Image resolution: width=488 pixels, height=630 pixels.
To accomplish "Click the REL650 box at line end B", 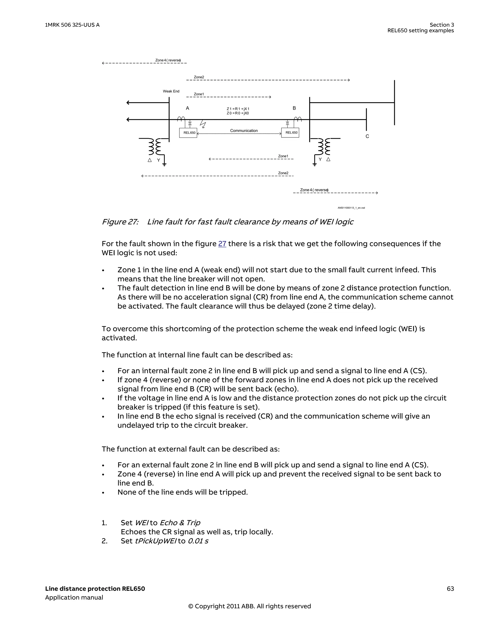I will pyautogui.click(x=290, y=133).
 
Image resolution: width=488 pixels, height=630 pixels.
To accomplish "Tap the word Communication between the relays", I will pyautogui.click(x=244, y=131).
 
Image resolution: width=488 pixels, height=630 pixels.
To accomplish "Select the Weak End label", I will pyautogui.click(x=171, y=91).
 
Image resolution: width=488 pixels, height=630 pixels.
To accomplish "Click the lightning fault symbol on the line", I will pyautogui.click(x=203, y=125).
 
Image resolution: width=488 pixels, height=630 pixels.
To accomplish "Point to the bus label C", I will pyautogui.click(x=367, y=136).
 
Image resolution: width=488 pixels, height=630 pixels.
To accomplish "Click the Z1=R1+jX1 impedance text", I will pyautogui.click(x=238, y=109).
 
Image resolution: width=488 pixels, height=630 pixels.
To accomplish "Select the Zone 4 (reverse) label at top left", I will pyautogui.click(x=168, y=60).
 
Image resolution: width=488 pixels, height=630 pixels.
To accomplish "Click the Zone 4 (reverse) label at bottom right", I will pyautogui.click(x=314, y=190).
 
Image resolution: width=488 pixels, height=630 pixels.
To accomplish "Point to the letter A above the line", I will pyautogui.click(x=187, y=108).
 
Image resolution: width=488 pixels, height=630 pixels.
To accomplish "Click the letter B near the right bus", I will pyautogui.click(x=294, y=108).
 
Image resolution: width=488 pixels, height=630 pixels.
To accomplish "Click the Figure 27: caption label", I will pyautogui.click(x=120, y=222).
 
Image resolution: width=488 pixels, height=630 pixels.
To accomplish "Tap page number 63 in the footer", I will pyautogui.click(x=450, y=589).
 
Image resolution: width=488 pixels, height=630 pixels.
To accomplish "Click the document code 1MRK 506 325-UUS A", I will pyautogui.click(x=72, y=25).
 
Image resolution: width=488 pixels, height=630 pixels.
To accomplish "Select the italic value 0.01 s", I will pyautogui.click(x=198, y=541).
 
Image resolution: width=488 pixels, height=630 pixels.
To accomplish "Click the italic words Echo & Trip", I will pyautogui.click(x=180, y=523).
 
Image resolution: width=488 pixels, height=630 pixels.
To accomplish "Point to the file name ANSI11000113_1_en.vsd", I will pyautogui.click(x=351, y=208).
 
